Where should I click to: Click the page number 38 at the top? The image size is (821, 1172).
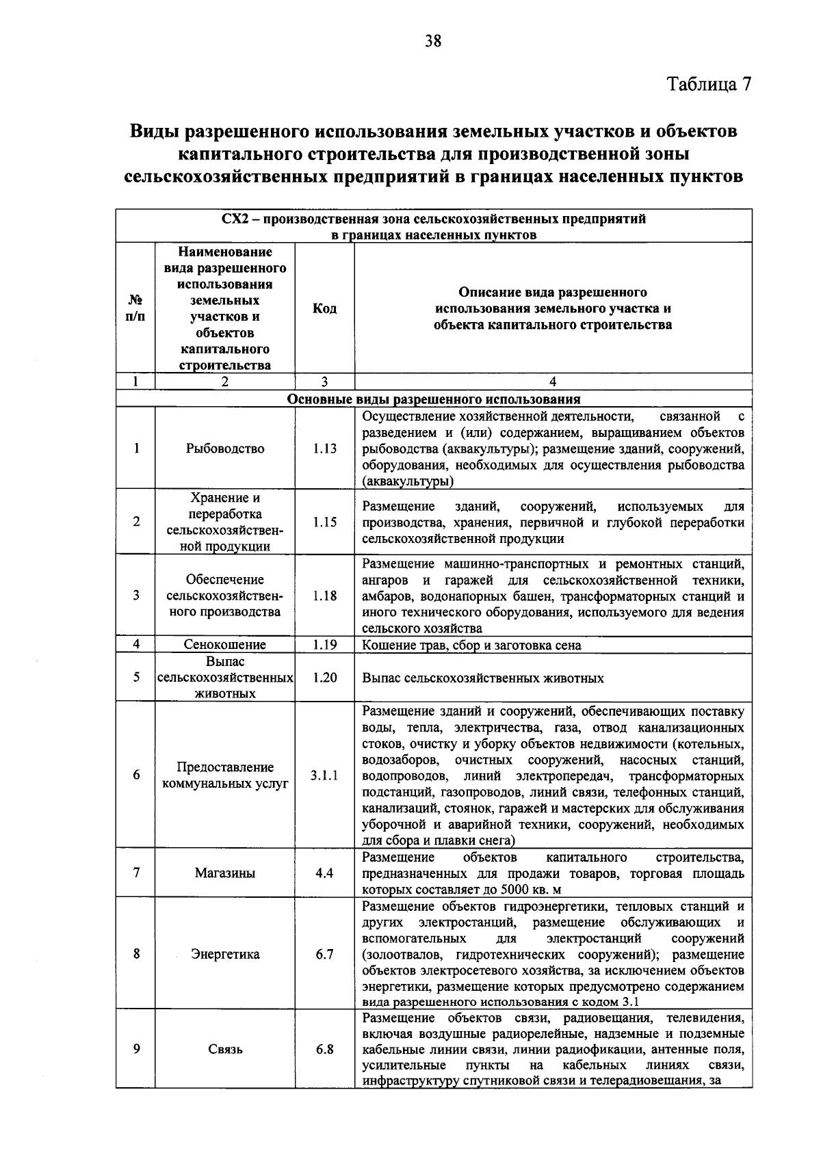(433, 42)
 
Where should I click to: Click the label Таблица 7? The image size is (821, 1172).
(709, 84)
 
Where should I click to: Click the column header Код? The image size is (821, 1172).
(324, 308)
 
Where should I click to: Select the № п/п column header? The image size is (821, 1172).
(136, 308)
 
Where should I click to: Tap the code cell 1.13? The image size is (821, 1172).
(324, 449)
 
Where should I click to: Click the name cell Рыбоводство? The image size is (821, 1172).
(225, 449)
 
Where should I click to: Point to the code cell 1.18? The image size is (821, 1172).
(324, 596)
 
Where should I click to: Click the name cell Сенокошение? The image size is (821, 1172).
(225, 645)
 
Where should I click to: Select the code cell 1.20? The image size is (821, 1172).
(324, 678)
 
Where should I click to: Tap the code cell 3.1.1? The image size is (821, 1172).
(324, 775)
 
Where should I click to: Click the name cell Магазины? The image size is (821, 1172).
(225, 873)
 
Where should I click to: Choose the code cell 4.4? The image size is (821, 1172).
(324, 873)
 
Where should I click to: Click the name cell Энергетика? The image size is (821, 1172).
(225, 954)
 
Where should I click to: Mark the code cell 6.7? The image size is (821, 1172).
(324, 954)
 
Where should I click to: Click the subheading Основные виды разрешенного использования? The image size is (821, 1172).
(434, 399)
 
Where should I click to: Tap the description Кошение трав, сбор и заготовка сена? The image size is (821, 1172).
(471, 645)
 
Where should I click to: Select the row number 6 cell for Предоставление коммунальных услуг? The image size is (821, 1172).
(136, 775)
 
